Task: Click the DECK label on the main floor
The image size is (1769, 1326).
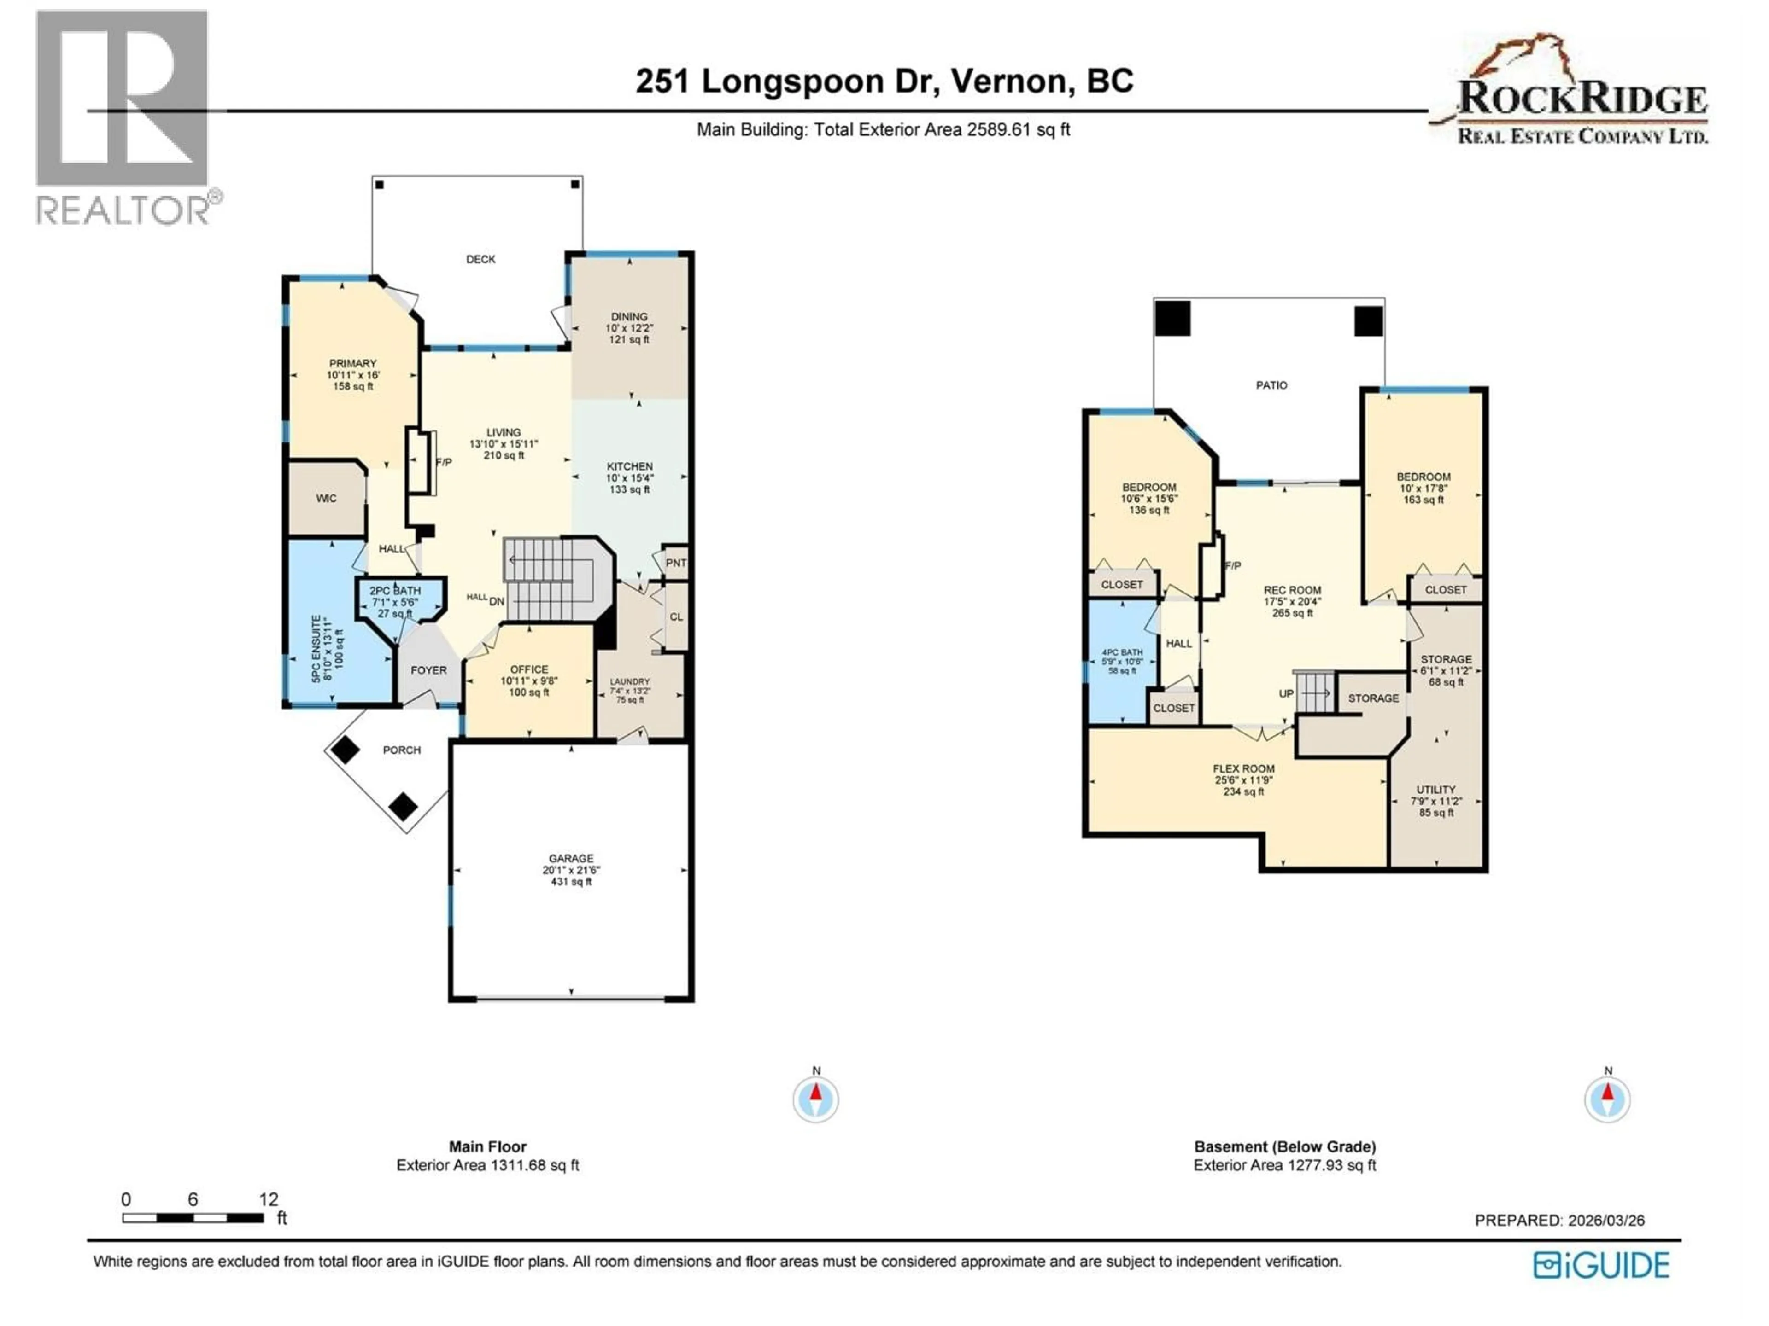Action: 480,259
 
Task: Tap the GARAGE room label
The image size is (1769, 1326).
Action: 571,858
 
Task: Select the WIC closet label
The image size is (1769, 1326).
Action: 326,499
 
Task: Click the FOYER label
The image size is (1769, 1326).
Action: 428,670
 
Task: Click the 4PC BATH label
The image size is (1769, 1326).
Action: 1122,653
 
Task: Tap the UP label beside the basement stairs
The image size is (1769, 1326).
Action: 1286,694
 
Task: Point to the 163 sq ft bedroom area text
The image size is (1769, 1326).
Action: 1423,500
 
